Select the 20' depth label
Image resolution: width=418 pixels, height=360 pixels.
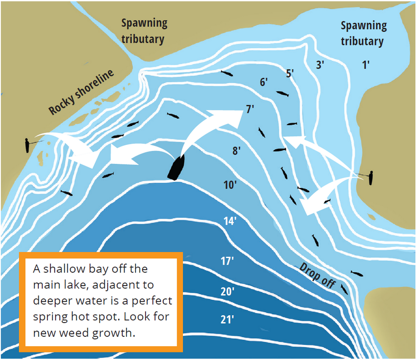pyautogui.click(x=227, y=291)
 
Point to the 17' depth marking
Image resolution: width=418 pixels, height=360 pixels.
pyautogui.click(x=227, y=261)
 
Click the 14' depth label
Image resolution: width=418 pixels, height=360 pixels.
pyautogui.click(x=230, y=221)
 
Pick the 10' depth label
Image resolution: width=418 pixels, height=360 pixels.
pyautogui.click(x=230, y=185)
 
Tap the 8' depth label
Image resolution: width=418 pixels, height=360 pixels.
pyautogui.click(x=237, y=151)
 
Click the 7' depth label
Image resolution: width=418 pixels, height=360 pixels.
pyautogui.click(x=250, y=109)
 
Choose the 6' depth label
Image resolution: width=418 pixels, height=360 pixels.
pyautogui.click(x=264, y=82)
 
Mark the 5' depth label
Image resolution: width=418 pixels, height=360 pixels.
pyautogui.click(x=290, y=73)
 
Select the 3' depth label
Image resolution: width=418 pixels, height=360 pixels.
pyautogui.click(x=320, y=65)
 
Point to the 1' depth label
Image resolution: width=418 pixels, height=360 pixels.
pyautogui.click(x=366, y=65)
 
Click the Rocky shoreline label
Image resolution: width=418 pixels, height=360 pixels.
pyautogui.click(x=82, y=92)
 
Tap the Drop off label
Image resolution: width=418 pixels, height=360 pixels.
pyautogui.click(x=317, y=276)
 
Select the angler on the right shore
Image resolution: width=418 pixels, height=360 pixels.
pyautogui.click(x=371, y=178)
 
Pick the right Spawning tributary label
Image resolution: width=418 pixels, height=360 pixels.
pyautogui.click(x=363, y=33)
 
